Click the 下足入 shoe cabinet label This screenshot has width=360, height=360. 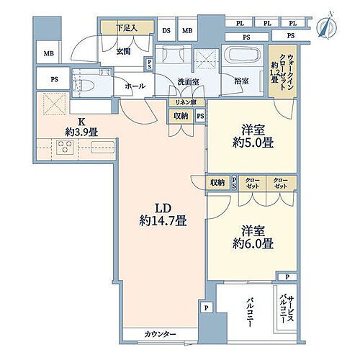(x=128, y=29)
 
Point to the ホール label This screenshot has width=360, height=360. (x=134, y=86)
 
